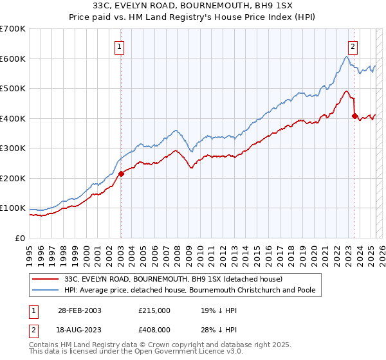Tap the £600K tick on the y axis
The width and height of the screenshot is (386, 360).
click(x=13, y=59)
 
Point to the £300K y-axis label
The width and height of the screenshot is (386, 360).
click(x=13, y=148)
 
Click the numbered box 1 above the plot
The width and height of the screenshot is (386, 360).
click(x=120, y=46)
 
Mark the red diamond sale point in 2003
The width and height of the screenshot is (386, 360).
click(x=121, y=174)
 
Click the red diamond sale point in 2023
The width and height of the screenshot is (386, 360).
click(x=354, y=116)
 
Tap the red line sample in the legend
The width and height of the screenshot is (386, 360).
click(x=46, y=279)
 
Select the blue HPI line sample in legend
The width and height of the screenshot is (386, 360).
click(x=46, y=291)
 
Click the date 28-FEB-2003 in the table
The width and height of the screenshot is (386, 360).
click(x=80, y=310)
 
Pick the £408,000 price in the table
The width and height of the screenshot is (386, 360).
click(x=154, y=329)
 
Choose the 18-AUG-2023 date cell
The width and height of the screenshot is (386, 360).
click(x=80, y=329)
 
